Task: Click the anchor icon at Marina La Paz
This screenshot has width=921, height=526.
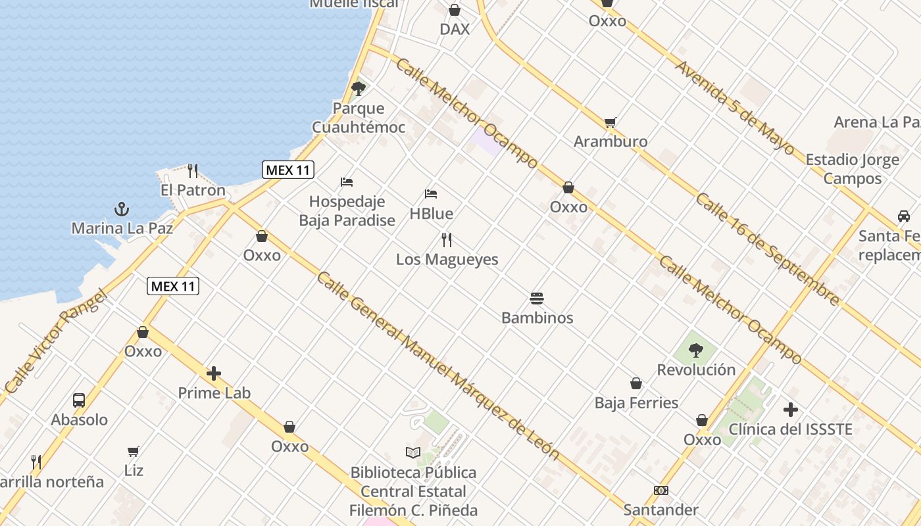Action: (121, 210)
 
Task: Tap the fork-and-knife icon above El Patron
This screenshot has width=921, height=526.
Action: (193, 171)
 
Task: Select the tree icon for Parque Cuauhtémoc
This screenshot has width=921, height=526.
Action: (358, 89)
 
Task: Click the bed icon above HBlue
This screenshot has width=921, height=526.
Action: (431, 194)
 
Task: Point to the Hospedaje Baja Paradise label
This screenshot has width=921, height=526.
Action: (347, 210)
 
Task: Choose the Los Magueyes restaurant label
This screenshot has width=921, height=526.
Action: (447, 260)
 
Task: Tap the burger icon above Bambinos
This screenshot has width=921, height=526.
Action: (537, 299)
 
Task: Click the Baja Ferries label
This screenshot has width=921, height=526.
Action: (636, 402)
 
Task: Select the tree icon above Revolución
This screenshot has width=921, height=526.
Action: (696, 350)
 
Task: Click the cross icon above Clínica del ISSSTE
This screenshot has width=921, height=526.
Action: (791, 410)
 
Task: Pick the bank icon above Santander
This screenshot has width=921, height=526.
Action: (661, 490)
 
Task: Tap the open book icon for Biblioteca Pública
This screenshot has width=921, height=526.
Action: (413, 452)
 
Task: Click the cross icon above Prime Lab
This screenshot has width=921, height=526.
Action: (214, 374)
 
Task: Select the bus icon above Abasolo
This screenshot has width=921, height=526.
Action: (79, 400)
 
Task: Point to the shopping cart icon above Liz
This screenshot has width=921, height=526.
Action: (134, 451)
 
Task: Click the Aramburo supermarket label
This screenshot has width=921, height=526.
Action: (610, 141)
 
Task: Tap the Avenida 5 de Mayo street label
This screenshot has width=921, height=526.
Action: (735, 107)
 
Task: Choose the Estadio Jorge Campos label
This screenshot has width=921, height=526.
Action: (852, 169)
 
